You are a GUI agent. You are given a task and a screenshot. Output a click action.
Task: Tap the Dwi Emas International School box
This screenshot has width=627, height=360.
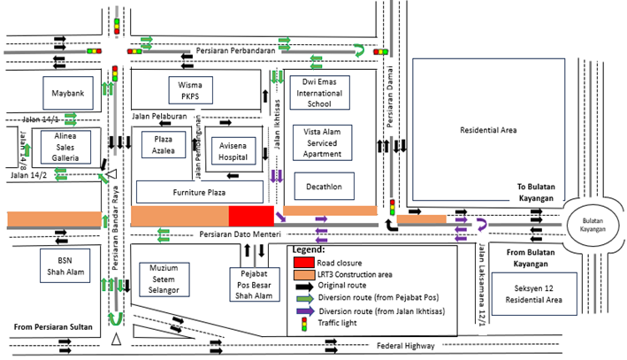click(319, 91)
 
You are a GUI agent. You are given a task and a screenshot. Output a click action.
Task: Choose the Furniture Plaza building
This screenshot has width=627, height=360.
click(199, 191)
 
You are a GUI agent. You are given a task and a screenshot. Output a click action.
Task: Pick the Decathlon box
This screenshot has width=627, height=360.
click(324, 186)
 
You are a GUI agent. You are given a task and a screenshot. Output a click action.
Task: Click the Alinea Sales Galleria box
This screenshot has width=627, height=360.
click(65, 146)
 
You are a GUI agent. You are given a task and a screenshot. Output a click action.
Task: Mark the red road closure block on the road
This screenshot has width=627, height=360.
click(251, 216)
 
